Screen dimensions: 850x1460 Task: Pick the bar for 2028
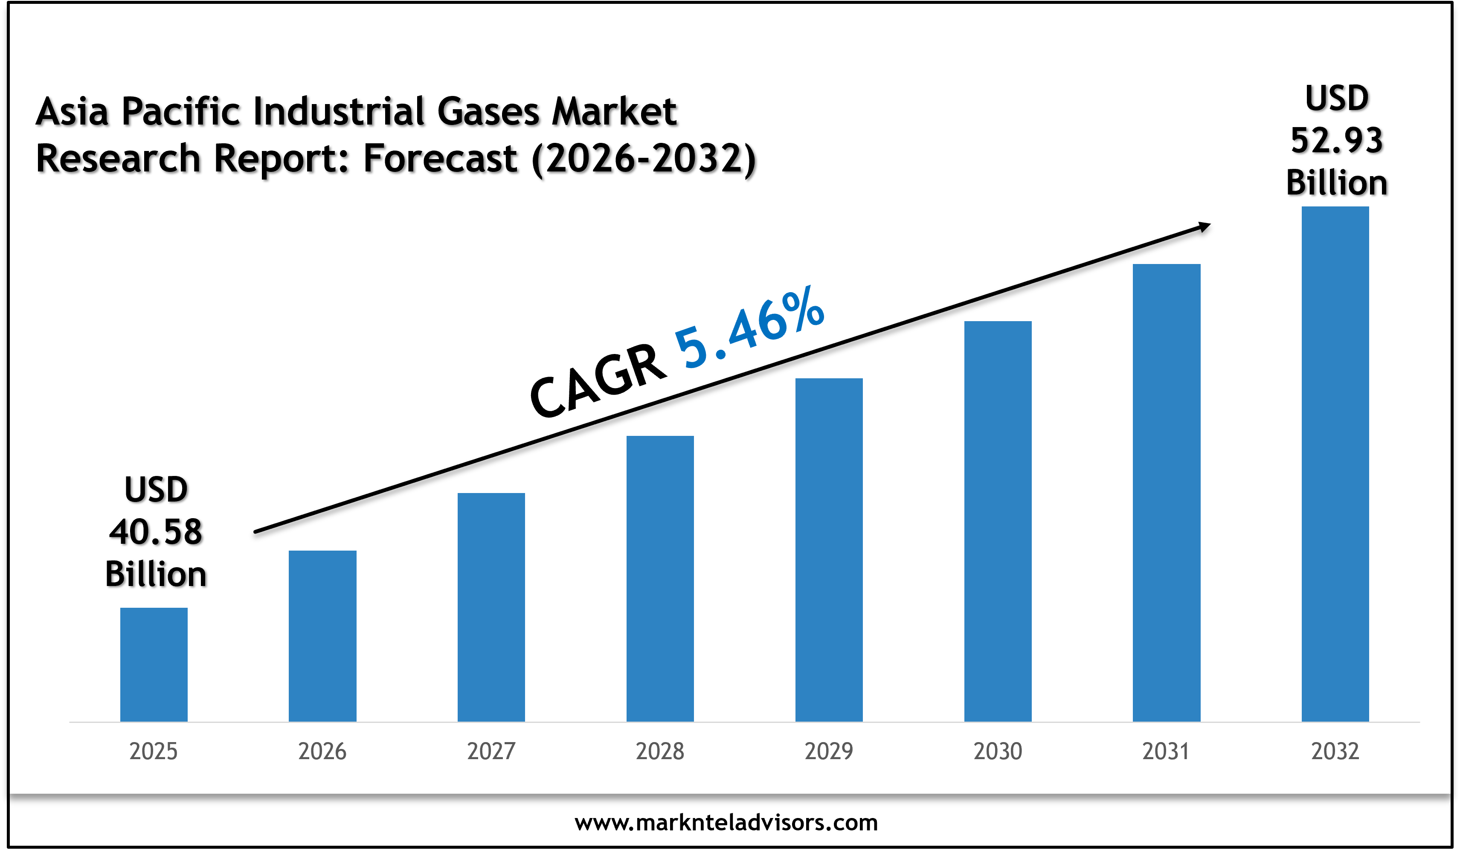pyautogui.click(x=660, y=578)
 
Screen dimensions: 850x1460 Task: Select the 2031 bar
pyautogui.click(x=1166, y=493)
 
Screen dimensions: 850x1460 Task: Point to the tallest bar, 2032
pyautogui.click(x=1335, y=464)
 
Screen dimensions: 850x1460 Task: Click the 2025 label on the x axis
pyautogui.click(x=154, y=751)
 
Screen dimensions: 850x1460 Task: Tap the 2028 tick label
pyautogui.click(x=660, y=751)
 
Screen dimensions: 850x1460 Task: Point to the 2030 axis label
pyautogui.click(x=998, y=751)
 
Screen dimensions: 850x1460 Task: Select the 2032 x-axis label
pyautogui.click(x=1335, y=751)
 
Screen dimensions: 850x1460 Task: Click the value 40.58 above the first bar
pyautogui.click(x=155, y=532)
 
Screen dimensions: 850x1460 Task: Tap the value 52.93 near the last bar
pyautogui.click(x=1337, y=141)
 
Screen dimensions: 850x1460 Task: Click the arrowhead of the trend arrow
pyautogui.click(x=1204, y=226)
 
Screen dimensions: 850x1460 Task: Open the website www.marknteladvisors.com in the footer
pyautogui.click(x=726, y=823)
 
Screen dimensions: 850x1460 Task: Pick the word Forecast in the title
pyautogui.click(x=440, y=158)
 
